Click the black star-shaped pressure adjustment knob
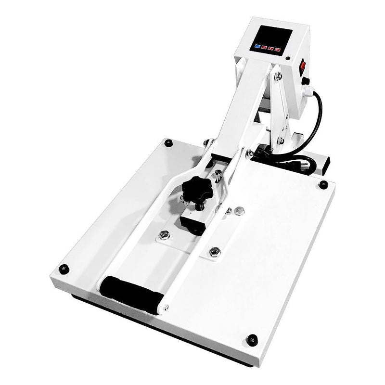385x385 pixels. point(196,189)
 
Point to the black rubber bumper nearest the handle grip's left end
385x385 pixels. point(63,269)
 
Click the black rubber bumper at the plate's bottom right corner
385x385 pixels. point(252,339)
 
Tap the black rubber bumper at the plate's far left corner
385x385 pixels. point(168,143)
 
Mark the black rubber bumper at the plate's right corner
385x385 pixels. point(323,184)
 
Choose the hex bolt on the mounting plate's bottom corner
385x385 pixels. point(215,251)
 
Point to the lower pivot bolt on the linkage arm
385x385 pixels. point(280,141)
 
